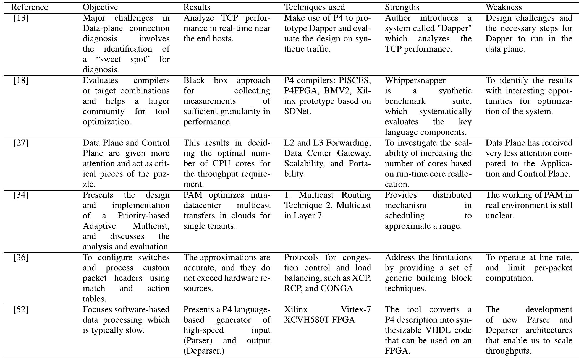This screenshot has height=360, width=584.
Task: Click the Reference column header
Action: pyautogui.click(x=30, y=7)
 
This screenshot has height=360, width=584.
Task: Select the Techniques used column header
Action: pyautogui.click(x=315, y=7)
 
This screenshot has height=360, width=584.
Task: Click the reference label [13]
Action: pyautogui.click(x=21, y=18)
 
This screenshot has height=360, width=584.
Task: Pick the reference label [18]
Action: pyautogui.click(x=21, y=80)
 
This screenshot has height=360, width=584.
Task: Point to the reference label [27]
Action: pyautogui.click(x=21, y=143)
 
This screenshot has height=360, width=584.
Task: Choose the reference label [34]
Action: pyautogui.click(x=21, y=195)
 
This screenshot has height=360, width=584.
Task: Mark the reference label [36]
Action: pyautogui.click(x=21, y=257)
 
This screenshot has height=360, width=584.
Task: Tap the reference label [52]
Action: pyautogui.click(x=21, y=309)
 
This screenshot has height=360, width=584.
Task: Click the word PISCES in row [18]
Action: pyautogui.click(x=355, y=80)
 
